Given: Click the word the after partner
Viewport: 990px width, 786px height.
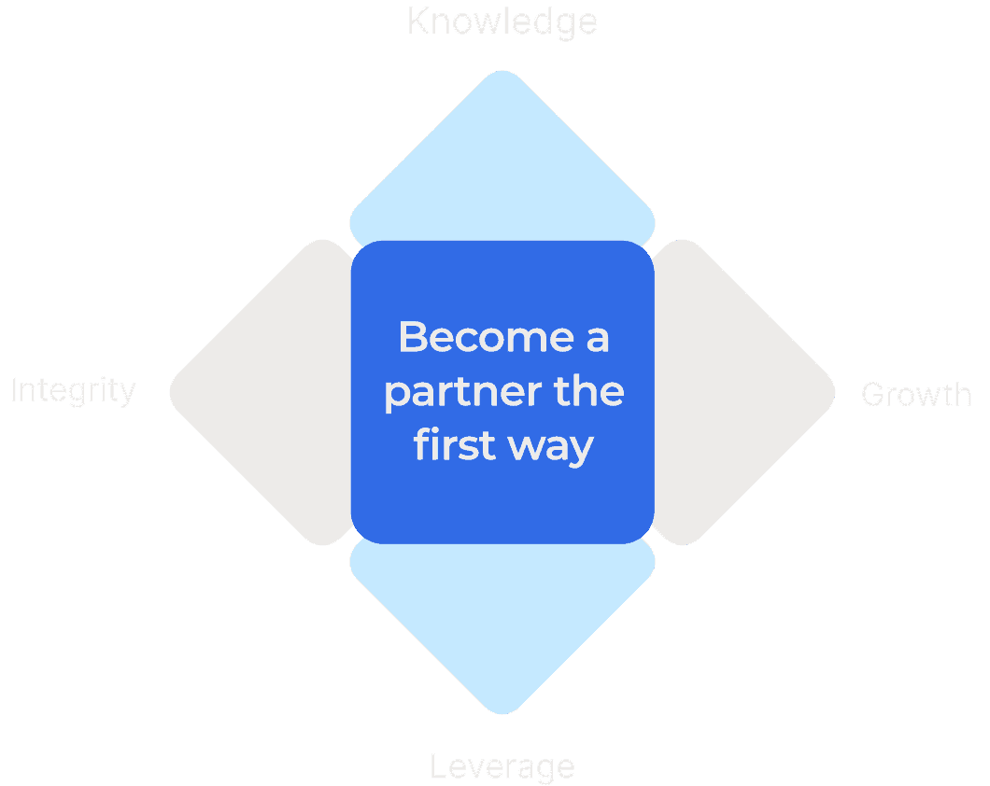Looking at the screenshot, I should tap(587, 391).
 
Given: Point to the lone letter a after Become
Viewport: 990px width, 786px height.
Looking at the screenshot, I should tap(598, 338).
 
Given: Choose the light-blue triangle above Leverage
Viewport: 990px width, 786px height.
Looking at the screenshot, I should tap(502, 625).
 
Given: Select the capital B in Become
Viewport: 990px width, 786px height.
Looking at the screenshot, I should tap(412, 337).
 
